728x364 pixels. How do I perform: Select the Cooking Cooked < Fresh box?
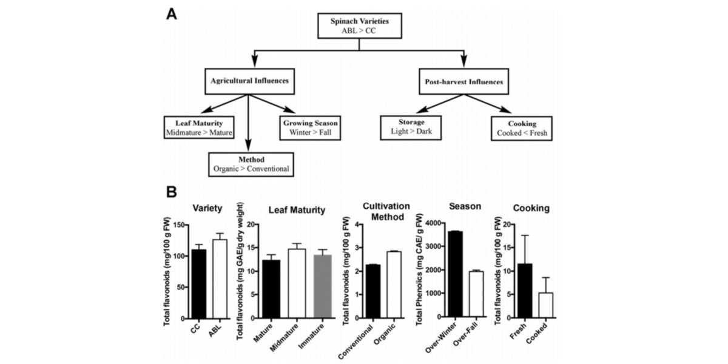click(x=521, y=127)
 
